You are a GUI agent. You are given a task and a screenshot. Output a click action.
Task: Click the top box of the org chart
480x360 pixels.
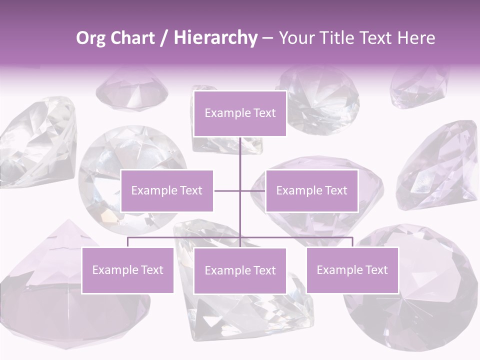coord(240,113)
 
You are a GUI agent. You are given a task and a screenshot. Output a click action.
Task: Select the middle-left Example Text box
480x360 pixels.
coord(167,191)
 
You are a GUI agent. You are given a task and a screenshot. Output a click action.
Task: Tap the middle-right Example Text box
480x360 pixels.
coord(311,191)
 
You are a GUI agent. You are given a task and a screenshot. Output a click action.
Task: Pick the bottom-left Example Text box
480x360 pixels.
coord(127,270)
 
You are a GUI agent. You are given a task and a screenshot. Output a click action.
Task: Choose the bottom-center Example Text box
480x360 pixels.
coord(240,271)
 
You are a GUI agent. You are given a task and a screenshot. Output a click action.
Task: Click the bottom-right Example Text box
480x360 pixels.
coord(352,270)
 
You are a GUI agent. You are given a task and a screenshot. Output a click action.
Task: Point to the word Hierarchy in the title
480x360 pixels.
coord(215,38)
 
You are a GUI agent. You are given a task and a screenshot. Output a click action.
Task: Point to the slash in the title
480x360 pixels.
coord(163,38)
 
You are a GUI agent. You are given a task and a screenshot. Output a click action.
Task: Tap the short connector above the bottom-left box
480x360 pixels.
coord(127,242)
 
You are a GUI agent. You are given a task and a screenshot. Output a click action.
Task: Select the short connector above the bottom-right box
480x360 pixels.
coord(352,242)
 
